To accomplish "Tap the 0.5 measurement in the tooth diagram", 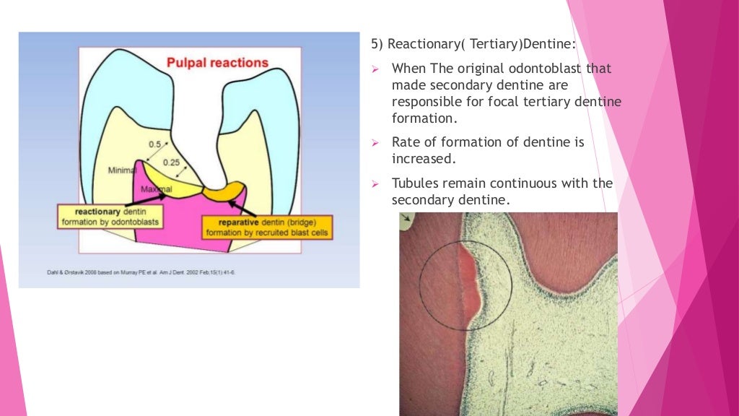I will click(154, 144).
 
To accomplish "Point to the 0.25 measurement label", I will click(171, 162).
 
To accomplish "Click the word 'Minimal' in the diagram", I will click(123, 170).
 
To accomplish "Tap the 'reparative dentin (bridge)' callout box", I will click(267, 227).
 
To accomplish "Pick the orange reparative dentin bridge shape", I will click(224, 191).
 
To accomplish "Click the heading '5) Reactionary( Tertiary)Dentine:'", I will click(473, 44).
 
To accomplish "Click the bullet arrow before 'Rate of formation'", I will click(375, 143).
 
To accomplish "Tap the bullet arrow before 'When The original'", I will click(375, 69).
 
